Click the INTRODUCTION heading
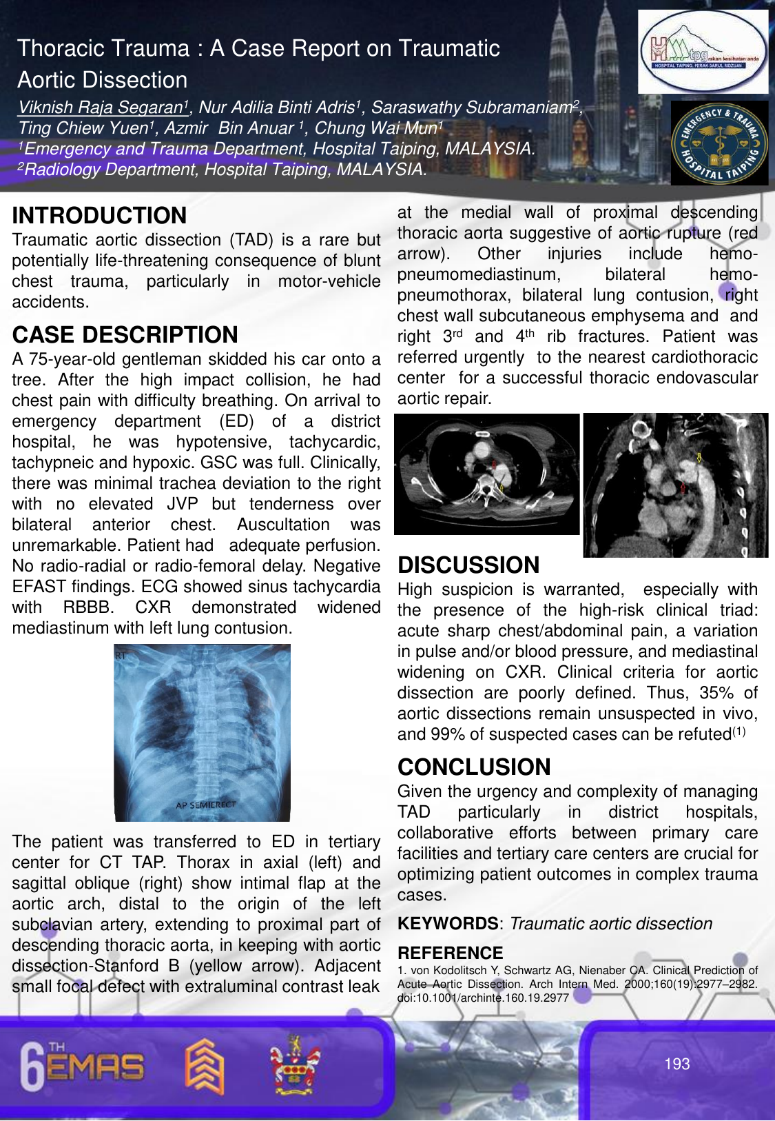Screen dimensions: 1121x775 pyautogui.click(x=99, y=216)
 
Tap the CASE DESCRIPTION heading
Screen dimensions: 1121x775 pyautogui.click(x=125, y=335)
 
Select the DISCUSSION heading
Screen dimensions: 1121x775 pyautogui.click(x=468, y=565)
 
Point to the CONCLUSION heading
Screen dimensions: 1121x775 pyautogui.click(x=474, y=767)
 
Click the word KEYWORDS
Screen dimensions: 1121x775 pyautogui.click(x=448, y=924)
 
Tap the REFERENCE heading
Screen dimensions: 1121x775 pyautogui.click(x=451, y=953)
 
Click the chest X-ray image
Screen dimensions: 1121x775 pyautogui.click(x=202, y=732)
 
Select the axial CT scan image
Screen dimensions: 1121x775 pyautogui.click(x=486, y=474)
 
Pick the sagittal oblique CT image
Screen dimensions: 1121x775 pyautogui.click(x=675, y=485)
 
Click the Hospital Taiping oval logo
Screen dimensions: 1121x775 pyautogui.click(x=703, y=52)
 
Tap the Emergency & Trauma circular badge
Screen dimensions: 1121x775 pyautogui.click(x=719, y=143)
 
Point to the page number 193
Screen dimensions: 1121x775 pyautogui.click(x=676, y=1064)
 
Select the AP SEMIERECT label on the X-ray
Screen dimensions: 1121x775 pyautogui.click(x=205, y=805)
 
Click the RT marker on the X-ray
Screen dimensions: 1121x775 pyautogui.click(x=121, y=656)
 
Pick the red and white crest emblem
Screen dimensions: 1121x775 pyautogui.click(x=295, y=1065)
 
